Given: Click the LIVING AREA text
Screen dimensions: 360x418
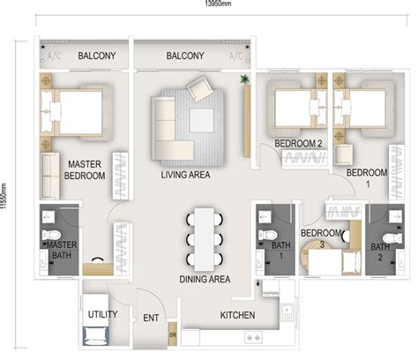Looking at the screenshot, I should pos(185,176).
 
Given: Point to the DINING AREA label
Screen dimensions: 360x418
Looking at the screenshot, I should pos(205,279).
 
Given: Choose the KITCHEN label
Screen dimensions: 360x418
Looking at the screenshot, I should pos(238,315).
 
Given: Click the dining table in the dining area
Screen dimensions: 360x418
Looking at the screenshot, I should pos(205,236).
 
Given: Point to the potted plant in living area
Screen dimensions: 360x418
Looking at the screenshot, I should pos(244,80).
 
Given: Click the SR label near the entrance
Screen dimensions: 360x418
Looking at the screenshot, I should pos(172,336).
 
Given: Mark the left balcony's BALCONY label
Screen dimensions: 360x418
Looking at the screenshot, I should pos(97,56).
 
